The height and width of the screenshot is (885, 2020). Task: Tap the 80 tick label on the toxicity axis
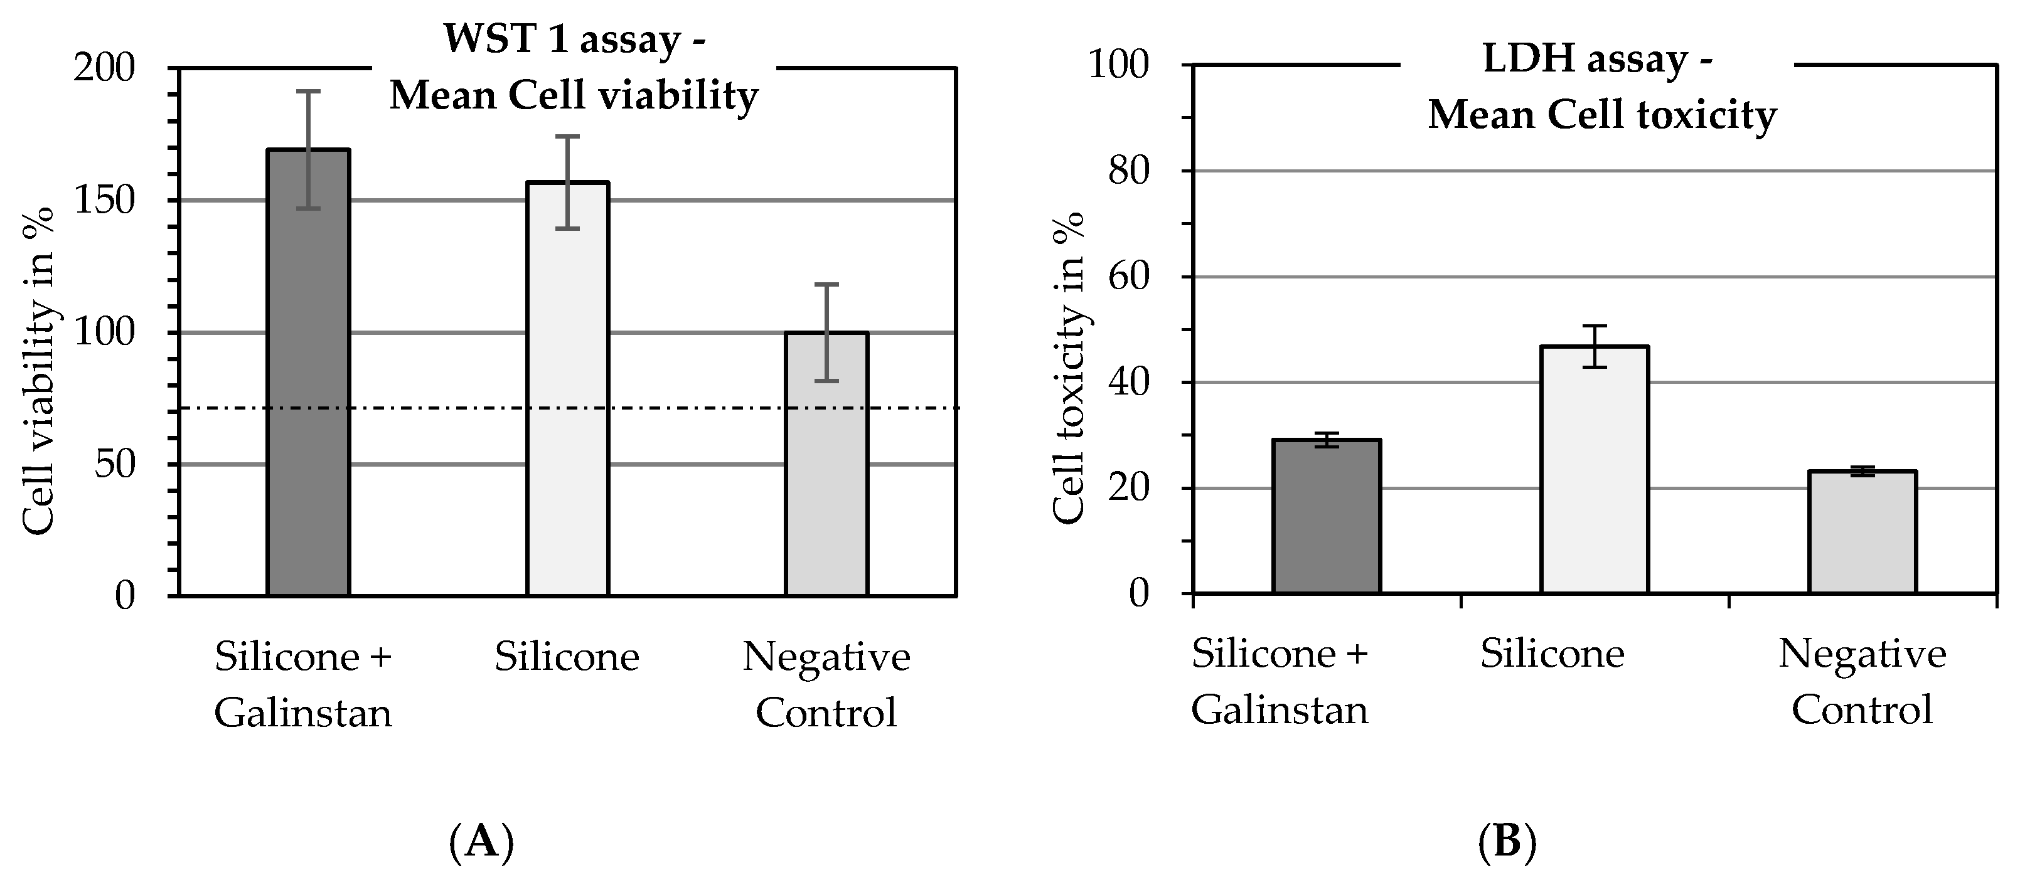[x=1128, y=171]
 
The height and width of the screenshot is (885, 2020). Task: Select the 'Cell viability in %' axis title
[x=38, y=370]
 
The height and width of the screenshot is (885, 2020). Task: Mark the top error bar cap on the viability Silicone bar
[x=567, y=136]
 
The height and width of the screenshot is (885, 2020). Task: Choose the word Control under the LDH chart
[x=1862, y=710]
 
